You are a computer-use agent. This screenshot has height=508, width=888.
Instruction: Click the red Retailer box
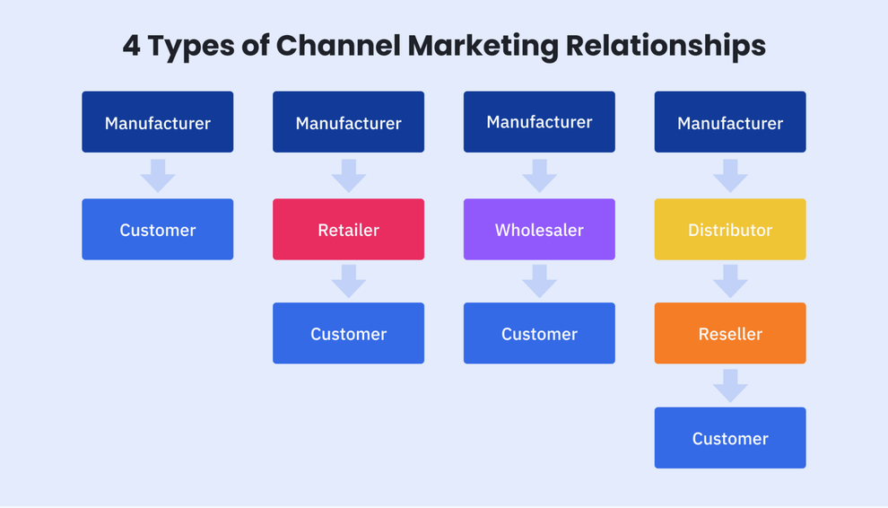click(348, 230)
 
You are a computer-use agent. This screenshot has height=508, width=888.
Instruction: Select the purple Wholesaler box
click(539, 230)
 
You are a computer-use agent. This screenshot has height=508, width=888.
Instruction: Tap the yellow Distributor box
click(730, 230)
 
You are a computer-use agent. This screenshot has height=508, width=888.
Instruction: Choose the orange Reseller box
click(730, 334)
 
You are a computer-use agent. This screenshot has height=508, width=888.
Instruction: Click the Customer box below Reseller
click(730, 438)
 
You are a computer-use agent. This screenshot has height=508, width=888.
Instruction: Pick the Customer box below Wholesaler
click(539, 334)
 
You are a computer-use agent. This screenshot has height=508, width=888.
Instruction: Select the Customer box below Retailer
click(348, 334)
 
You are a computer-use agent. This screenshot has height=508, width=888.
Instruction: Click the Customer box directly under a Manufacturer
click(158, 230)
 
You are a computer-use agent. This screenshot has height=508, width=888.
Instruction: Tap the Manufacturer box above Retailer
click(348, 122)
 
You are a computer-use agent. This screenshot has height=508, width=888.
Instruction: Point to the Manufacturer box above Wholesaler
click(539, 122)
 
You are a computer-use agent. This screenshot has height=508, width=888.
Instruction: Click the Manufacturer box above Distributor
click(730, 122)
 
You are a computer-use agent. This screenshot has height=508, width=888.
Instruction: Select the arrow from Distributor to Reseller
click(730, 281)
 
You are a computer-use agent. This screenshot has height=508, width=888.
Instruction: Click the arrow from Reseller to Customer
click(730, 386)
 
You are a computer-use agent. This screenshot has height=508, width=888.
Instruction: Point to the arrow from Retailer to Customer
click(348, 281)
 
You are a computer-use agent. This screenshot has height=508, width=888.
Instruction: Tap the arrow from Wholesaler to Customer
click(539, 281)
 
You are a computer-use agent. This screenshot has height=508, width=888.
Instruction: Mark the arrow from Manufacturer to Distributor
click(730, 176)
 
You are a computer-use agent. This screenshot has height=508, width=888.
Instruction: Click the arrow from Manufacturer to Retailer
click(348, 176)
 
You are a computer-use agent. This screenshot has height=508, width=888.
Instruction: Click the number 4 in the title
click(132, 46)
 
